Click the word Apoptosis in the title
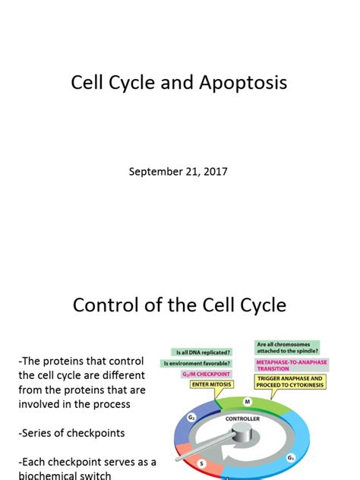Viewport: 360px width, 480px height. coord(245,82)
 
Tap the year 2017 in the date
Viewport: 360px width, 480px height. coord(213,172)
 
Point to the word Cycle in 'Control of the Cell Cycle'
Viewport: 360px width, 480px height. coord(260,305)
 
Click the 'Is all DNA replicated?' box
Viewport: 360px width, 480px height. coord(204,352)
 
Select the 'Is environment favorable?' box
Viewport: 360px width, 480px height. coord(197,363)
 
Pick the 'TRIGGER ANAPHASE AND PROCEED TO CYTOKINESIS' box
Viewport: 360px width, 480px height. coord(290,381)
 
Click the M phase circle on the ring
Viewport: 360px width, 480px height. coord(248,402)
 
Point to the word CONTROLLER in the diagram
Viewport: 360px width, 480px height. coord(242,418)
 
